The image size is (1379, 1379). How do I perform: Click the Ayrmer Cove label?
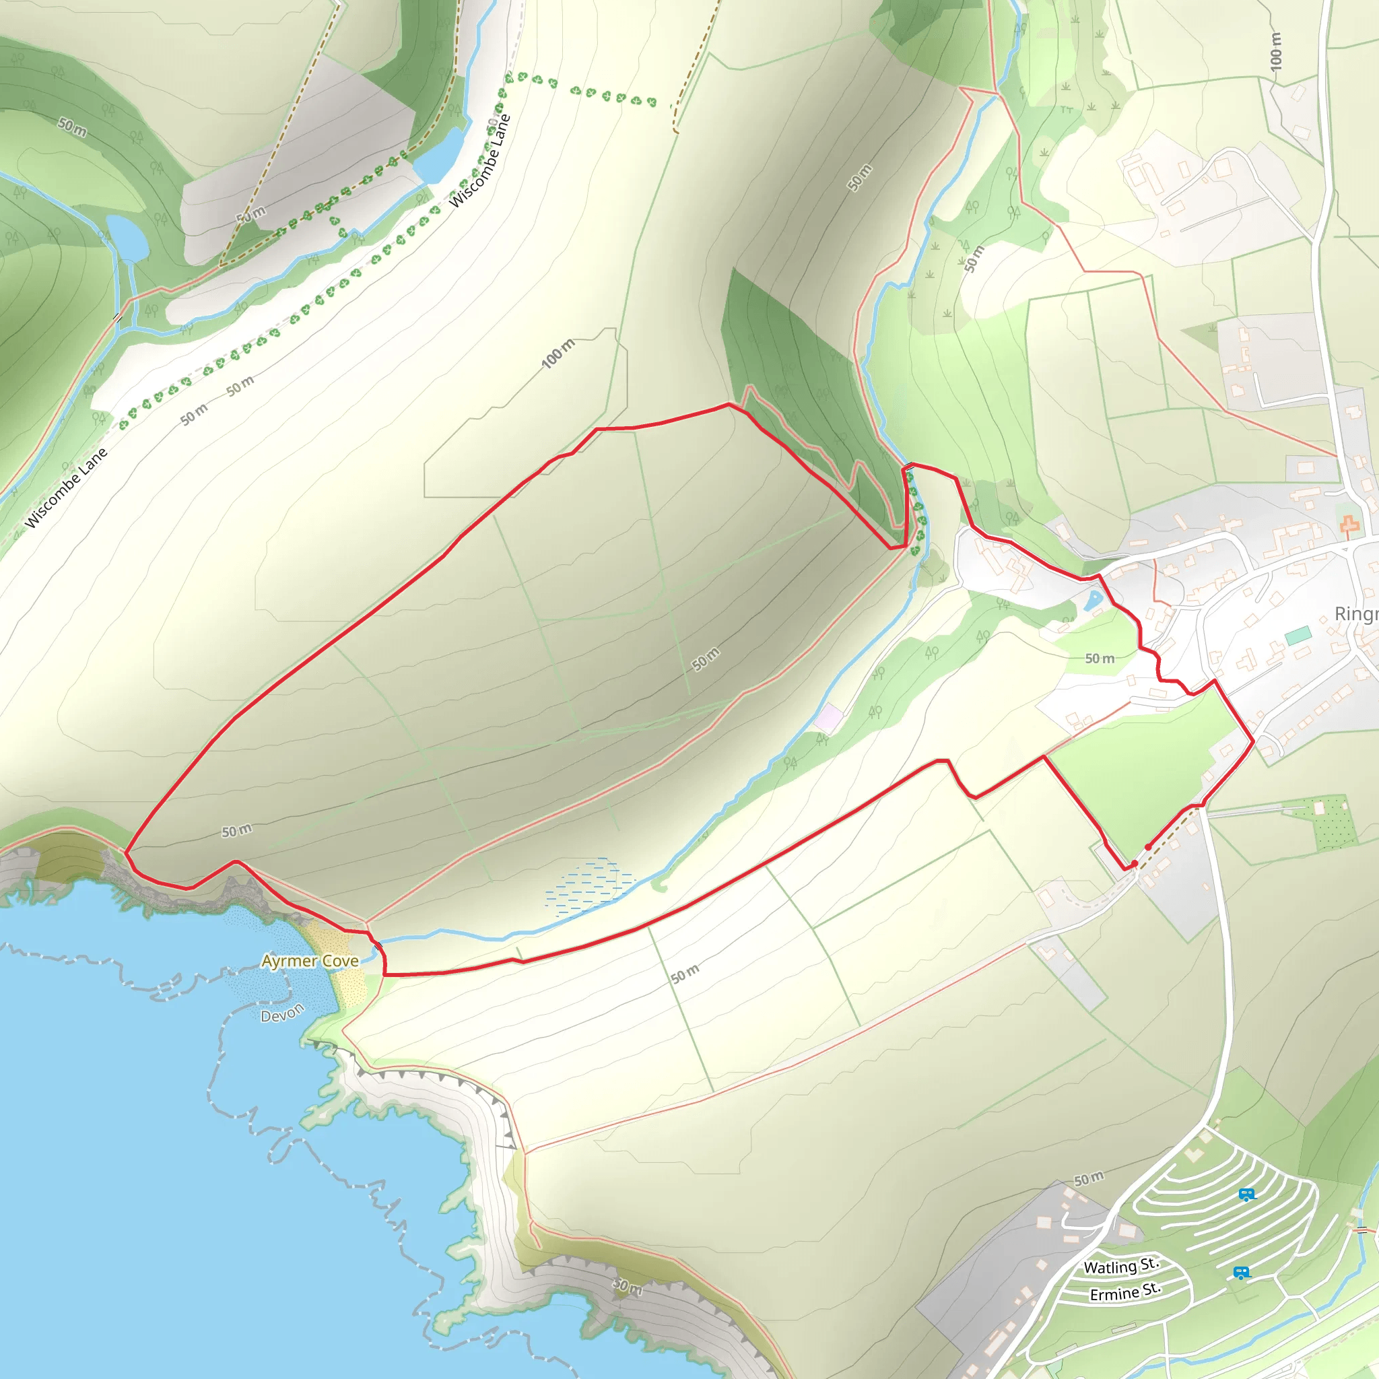(310, 961)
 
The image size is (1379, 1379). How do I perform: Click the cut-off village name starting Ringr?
(1355, 614)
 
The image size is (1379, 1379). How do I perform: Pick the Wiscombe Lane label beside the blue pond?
(479, 162)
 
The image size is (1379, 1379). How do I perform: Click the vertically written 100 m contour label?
(1275, 51)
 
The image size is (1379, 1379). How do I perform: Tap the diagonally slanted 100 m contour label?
(558, 354)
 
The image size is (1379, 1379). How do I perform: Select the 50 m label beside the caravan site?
(1089, 1179)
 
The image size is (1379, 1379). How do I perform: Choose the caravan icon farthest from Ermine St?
(1246, 1194)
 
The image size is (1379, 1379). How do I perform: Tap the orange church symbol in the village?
(1349, 525)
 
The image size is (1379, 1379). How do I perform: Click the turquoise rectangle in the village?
(1298, 634)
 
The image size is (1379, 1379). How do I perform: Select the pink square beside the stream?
(828, 716)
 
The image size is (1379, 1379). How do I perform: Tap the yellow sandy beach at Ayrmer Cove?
(335, 956)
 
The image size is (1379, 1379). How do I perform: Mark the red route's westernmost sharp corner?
(126, 852)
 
